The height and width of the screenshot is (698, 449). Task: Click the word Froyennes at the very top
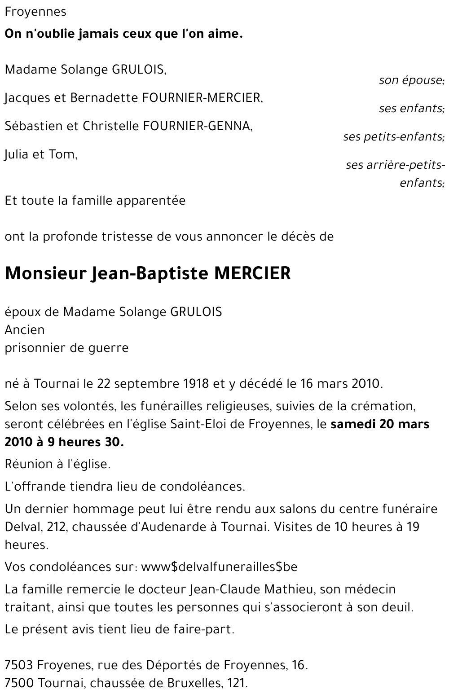[x=35, y=12]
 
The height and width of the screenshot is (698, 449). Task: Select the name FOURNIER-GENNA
[x=197, y=126]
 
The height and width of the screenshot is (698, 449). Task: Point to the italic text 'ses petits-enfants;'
[x=394, y=136]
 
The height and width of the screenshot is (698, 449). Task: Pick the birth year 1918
[x=196, y=384]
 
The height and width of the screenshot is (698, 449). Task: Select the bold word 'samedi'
[x=353, y=424]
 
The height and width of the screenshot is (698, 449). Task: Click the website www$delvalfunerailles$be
[x=219, y=567]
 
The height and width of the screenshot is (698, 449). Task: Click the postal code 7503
[x=19, y=665]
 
